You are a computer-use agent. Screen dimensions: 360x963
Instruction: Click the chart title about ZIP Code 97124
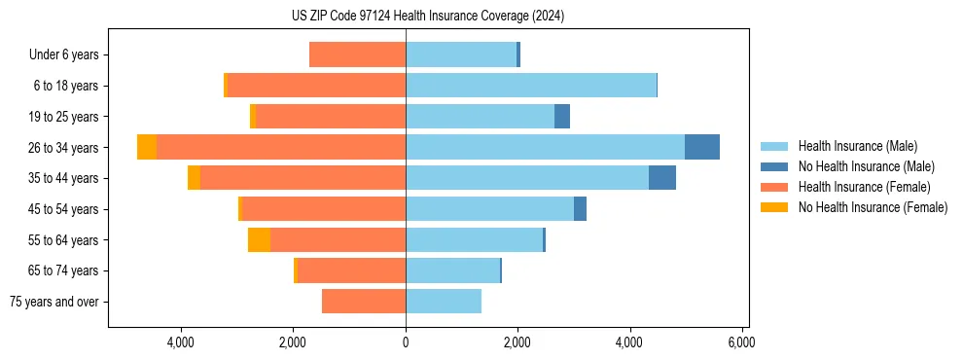pyautogui.click(x=427, y=17)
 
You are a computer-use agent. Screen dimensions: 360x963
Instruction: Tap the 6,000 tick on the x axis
pyautogui.click(x=741, y=342)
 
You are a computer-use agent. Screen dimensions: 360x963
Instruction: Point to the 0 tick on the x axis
pyautogui.click(x=406, y=342)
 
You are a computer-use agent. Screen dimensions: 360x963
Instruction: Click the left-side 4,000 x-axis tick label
pyautogui.click(x=182, y=342)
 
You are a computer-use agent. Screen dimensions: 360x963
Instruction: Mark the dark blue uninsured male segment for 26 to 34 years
pyautogui.click(x=702, y=147)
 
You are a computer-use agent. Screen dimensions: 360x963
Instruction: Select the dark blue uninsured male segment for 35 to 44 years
pyautogui.click(x=662, y=178)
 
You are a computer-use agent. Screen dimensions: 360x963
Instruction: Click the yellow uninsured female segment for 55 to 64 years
pyautogui.click(x=259, y=240)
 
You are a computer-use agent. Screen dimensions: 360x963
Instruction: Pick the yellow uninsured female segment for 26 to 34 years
pyautogui.click(x=147, y=147)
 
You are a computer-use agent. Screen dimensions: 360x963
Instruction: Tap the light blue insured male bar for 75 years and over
pyautogui.click(x=444, y=302)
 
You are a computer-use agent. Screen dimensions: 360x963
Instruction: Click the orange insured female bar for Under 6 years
pyautogui.click(x=357, y=55)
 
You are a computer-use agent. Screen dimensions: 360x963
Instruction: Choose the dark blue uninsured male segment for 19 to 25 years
pyautogui.click(x=562, y=117)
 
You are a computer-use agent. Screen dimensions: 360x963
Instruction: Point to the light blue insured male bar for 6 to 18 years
pyautogui.click(x=531, y=86)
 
